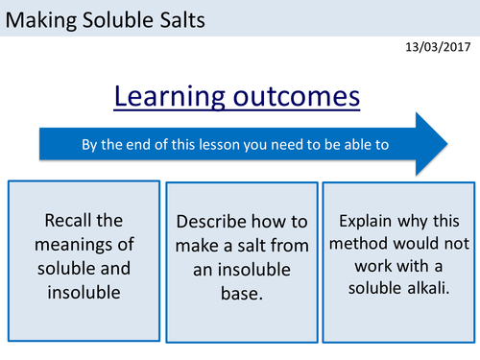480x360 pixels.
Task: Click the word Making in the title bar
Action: tap(40, 20)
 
